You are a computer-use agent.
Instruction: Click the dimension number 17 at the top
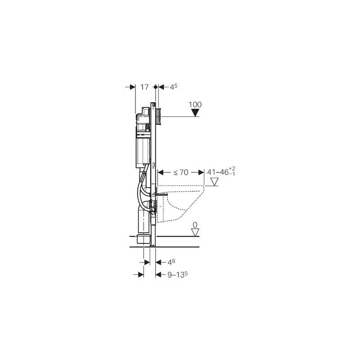pyautogui.click(x=144, y=87)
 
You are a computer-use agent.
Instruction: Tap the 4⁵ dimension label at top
pyautogui.click(x=174, y=87)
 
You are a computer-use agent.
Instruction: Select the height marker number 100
pyautogui.click(x=195, y=105)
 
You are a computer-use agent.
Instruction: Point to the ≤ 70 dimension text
pyautogui.click(x=181, y=172)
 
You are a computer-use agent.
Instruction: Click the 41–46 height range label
pyautogui.click(x=218, y=172)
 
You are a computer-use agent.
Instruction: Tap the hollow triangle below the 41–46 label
pyautogui.click(x=215, y=182)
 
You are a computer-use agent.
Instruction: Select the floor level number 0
pyautogui.click(x=195, y=225)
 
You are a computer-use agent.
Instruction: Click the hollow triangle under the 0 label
pyautogui.click(x=195, y=232)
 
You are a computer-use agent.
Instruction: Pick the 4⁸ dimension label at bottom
pyautogui.click(x=171, y=262)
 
